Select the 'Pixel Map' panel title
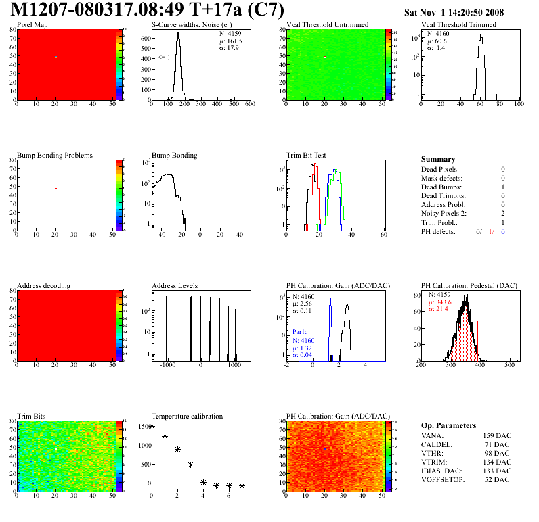tap(32, 24)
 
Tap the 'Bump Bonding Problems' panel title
tap(54, 155)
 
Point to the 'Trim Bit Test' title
tap(306, 155)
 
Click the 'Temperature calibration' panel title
tap(187, 416)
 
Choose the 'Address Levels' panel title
tap(175, 285)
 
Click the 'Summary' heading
tap(438, 159)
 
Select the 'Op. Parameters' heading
tap(448, 425)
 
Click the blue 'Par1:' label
tap(301, 333)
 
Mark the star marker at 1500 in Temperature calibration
tap(152, 426)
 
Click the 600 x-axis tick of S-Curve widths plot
tap(249, 105)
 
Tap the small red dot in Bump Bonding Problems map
tap(56, 188)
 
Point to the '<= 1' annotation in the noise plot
tap(164, 57)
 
